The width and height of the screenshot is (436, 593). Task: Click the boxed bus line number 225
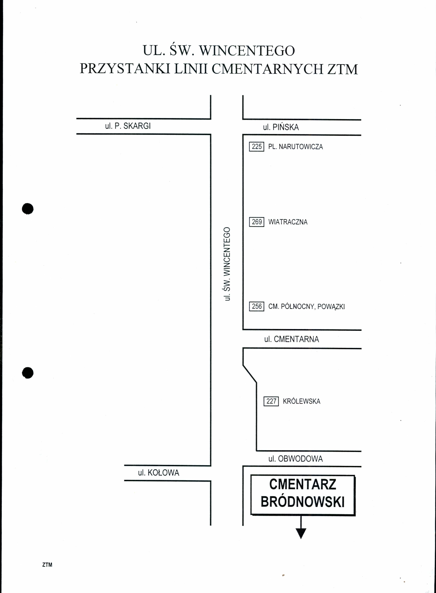[x=257, y=146]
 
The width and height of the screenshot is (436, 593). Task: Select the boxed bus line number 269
[x=257, y=222]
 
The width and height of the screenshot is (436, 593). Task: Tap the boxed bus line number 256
[x=257, y=306]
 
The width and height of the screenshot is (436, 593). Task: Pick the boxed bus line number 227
[x=271, y=401]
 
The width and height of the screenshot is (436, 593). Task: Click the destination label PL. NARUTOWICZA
[x=296, y=147]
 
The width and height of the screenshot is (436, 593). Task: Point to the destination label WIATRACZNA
[x=288, y=222]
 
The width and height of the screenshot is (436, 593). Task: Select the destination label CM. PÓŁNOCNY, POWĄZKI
[x=306, y=306]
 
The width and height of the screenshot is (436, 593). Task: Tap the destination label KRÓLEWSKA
[x=301, y=401]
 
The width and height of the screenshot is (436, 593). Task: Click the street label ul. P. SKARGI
[x=128, y=126]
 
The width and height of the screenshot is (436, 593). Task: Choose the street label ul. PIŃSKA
[x=281, y=127]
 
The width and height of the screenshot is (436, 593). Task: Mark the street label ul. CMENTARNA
[x=292, y=339]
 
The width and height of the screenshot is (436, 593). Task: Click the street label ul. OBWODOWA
[x=296, y=459]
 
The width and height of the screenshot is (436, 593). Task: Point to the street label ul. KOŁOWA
[x=159, y=473]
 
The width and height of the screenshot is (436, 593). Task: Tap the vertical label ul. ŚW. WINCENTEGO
[x=227, y=264]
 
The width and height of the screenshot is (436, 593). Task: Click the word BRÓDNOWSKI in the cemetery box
[x=303, y=502]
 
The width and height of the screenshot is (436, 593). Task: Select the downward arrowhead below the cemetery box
[x=301, y=533]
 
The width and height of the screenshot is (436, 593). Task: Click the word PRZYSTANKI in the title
[x=125, y=69]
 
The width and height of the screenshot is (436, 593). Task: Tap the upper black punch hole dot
[x=28, y=209]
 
